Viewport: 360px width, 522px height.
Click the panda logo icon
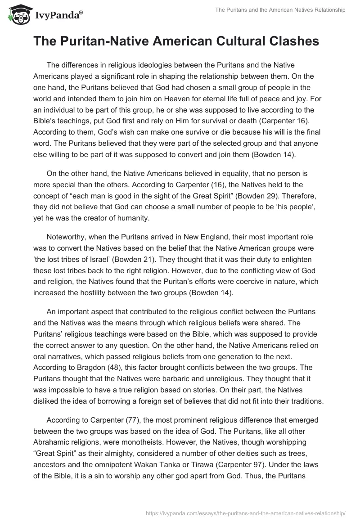(17, 14)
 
